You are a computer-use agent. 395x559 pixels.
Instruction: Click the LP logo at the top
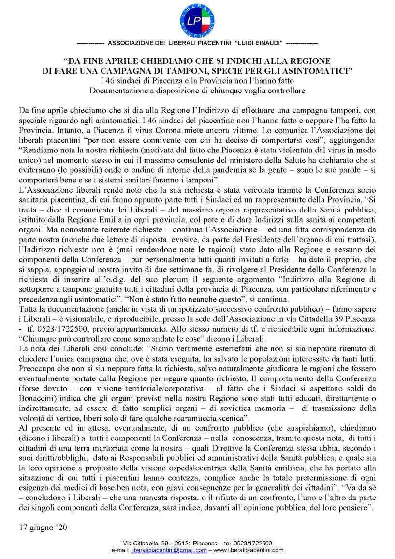(x=197, y=20)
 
